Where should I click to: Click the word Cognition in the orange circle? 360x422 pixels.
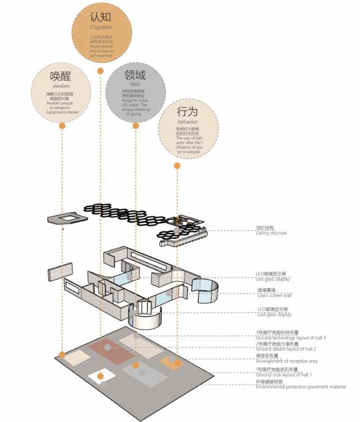coord(101,27)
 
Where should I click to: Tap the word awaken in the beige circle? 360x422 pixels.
coord(61,86)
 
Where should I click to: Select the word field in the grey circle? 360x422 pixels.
coord(135,84)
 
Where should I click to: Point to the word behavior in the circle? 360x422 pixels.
coord(187,122)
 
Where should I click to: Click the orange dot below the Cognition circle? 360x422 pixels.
coord(101,71)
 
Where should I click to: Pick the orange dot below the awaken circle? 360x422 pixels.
coord(62,126)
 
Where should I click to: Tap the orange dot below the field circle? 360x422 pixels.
coord(135,126)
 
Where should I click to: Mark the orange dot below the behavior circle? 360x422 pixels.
coord(177,166)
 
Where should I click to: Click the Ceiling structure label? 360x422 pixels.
coord(271,233)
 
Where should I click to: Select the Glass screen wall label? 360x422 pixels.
coord(274,295)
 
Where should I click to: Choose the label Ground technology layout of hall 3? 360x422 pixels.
coord(291,338)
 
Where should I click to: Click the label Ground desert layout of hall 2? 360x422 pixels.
coord(286,349)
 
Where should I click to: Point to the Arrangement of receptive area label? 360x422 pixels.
coord(287,361)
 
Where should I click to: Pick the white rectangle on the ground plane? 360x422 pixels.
coord(101,377)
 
